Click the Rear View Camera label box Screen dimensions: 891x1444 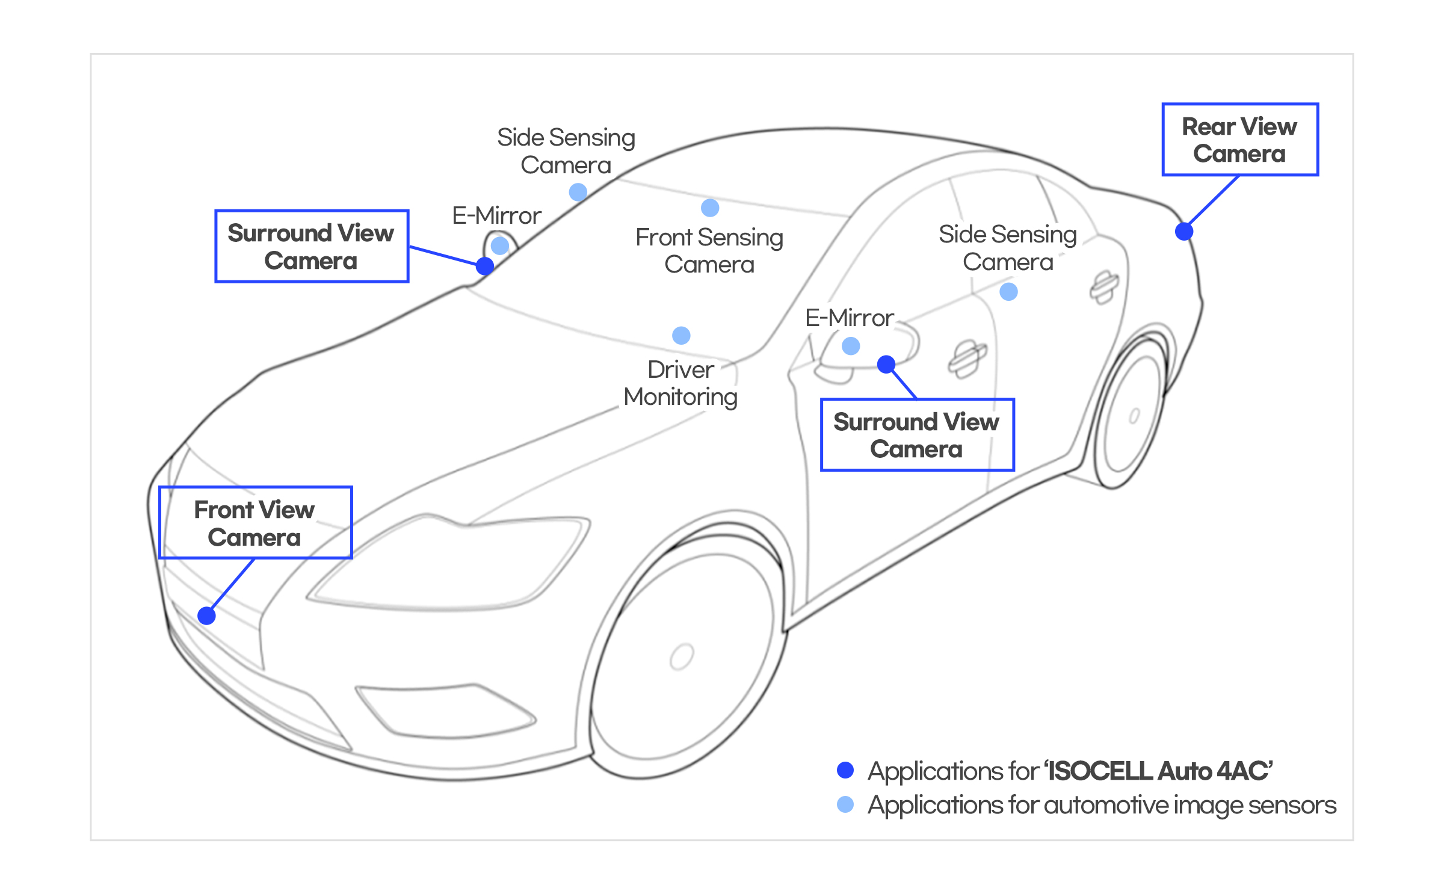tap(1240, 140)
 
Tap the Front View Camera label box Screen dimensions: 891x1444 tap(255, 523)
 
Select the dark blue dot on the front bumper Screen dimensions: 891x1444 tap(206, 615)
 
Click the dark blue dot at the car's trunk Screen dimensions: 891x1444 tap(1183, 231)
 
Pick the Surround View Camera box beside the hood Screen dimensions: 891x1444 tap(311, 246)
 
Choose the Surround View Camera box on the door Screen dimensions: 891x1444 tap(916, 435)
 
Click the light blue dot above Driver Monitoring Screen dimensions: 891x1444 tap(681, 335)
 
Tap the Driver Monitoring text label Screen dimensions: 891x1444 tap(680, 383)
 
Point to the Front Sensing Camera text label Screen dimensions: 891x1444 tap(709, 251)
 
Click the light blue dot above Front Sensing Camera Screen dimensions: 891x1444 tap(710, 208)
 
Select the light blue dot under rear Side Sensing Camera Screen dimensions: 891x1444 tap(1008, 292)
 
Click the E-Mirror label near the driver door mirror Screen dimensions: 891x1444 tap(849, 318)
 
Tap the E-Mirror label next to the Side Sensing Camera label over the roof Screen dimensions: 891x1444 tap(496, 215)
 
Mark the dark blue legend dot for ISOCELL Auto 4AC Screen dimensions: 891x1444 tap(845, 770)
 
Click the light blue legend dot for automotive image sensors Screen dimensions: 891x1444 tap(845, 804)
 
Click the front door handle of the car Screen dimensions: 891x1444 tap(967, 359)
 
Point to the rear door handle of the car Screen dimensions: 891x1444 tap(1104, 287)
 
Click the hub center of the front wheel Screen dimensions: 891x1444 tap(682, 656)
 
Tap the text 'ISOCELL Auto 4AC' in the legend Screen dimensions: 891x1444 tap(1159, 771)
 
